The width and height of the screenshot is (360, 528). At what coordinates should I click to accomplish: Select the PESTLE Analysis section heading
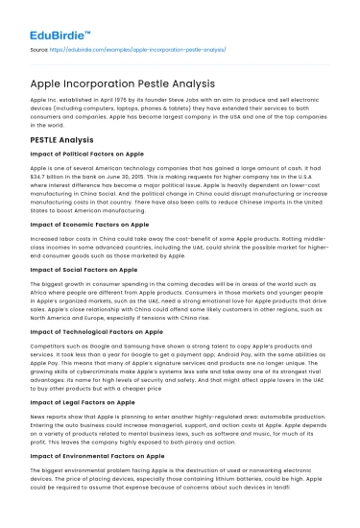[65, 140]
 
